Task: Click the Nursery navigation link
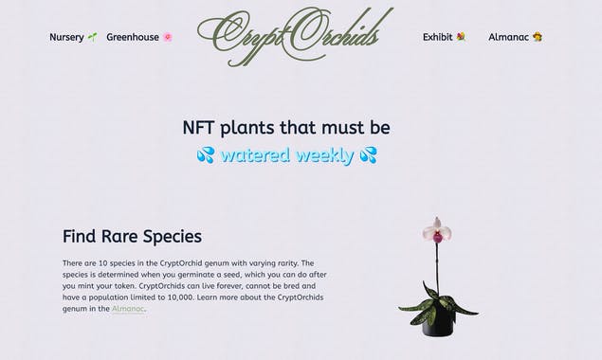coord(66,37)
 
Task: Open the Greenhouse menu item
coord(133,37)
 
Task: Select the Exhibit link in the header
coord(437,37)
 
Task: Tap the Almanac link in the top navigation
coord(508,37)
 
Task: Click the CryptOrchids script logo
coord(295,35)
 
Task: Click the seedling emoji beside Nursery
coord(92,37)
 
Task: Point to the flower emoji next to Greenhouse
coord(168,37)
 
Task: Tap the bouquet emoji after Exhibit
coord(461,37)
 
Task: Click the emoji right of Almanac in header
coord(538,37)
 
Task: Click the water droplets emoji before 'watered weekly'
coord(206,154)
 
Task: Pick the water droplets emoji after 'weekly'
coord(368,154)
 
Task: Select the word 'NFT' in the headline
coord(202,128)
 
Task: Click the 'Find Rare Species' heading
coord(132,236)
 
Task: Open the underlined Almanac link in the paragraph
coord(128,309)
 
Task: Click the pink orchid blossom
coord(436,229)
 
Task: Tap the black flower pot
coord(438,321)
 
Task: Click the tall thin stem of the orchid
coord(436,265)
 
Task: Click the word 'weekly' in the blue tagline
coord(324,155)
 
